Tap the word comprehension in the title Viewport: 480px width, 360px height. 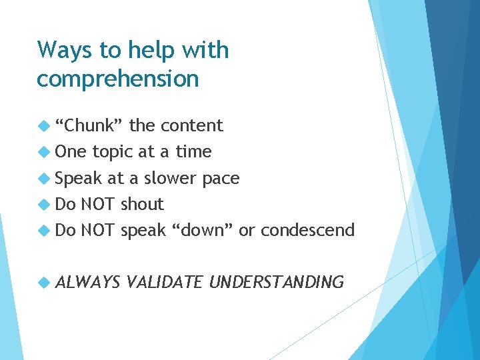(x=118, y=79)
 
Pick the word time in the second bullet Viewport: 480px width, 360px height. (x=193, y=152)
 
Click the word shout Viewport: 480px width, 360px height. (x=141, y=204)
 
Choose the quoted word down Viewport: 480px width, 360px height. (x=203, y=230)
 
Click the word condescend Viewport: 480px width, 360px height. (x=307, y=230)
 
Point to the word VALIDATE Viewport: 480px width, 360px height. (x=164, y=283)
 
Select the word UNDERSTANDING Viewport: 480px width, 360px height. (x=277, y=283)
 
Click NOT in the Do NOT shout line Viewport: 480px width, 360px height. (x=98, y=204)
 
